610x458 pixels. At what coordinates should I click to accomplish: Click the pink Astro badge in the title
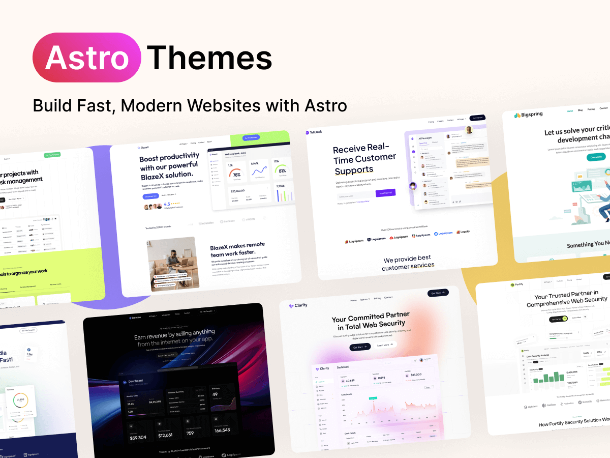point(86,58)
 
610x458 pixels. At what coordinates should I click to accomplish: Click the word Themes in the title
point(209,58)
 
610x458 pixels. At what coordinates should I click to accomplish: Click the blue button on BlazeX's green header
point(252,137)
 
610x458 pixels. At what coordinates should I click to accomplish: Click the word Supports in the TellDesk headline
point(354,170)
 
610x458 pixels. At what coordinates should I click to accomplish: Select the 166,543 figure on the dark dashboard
point(222,430)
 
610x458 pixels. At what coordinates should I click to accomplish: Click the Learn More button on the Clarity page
point(385,345)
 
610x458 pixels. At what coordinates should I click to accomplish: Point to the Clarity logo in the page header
point(298,305)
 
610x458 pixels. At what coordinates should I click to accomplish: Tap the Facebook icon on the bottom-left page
point(29,349)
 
